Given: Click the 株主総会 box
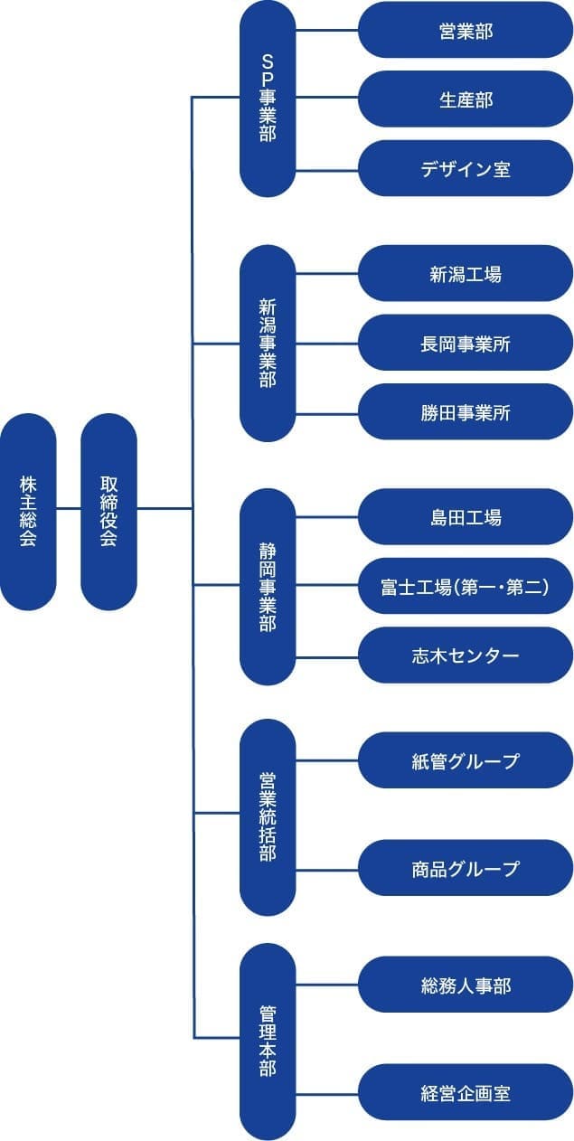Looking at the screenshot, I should [x=28, y=511].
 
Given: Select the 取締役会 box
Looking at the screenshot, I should [x=108, y=511].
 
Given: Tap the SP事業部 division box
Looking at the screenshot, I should [x=268, y=98].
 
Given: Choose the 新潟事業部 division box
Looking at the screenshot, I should [x=268, y=344].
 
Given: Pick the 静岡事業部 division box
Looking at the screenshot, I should [x=268, y=586].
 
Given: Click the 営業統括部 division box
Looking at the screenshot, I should [x=268, y=816].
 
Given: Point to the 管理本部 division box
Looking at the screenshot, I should [x=268, y=1040].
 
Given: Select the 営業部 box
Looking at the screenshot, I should [x=466, y=30].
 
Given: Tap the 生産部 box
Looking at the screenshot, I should [x=466, y=99].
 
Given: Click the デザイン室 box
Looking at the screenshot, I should [x=466, y=168].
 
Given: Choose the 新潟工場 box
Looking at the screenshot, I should [x=466, y=273].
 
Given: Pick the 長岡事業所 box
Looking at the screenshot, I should [x=466, y=343].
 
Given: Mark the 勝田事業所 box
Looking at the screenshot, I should [x=466, y=411].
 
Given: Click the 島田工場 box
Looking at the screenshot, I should [x=466, y=516].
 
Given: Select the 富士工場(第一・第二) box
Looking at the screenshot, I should [x=466, y=586].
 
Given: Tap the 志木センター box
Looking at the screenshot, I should [x=466, y=655].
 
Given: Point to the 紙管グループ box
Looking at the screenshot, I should [x=466, y=760].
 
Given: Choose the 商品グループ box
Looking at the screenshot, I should [x=466, y=868].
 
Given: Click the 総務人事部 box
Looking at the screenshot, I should [x=466, y=985].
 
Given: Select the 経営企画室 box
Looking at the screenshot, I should [x=466, y=1092].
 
